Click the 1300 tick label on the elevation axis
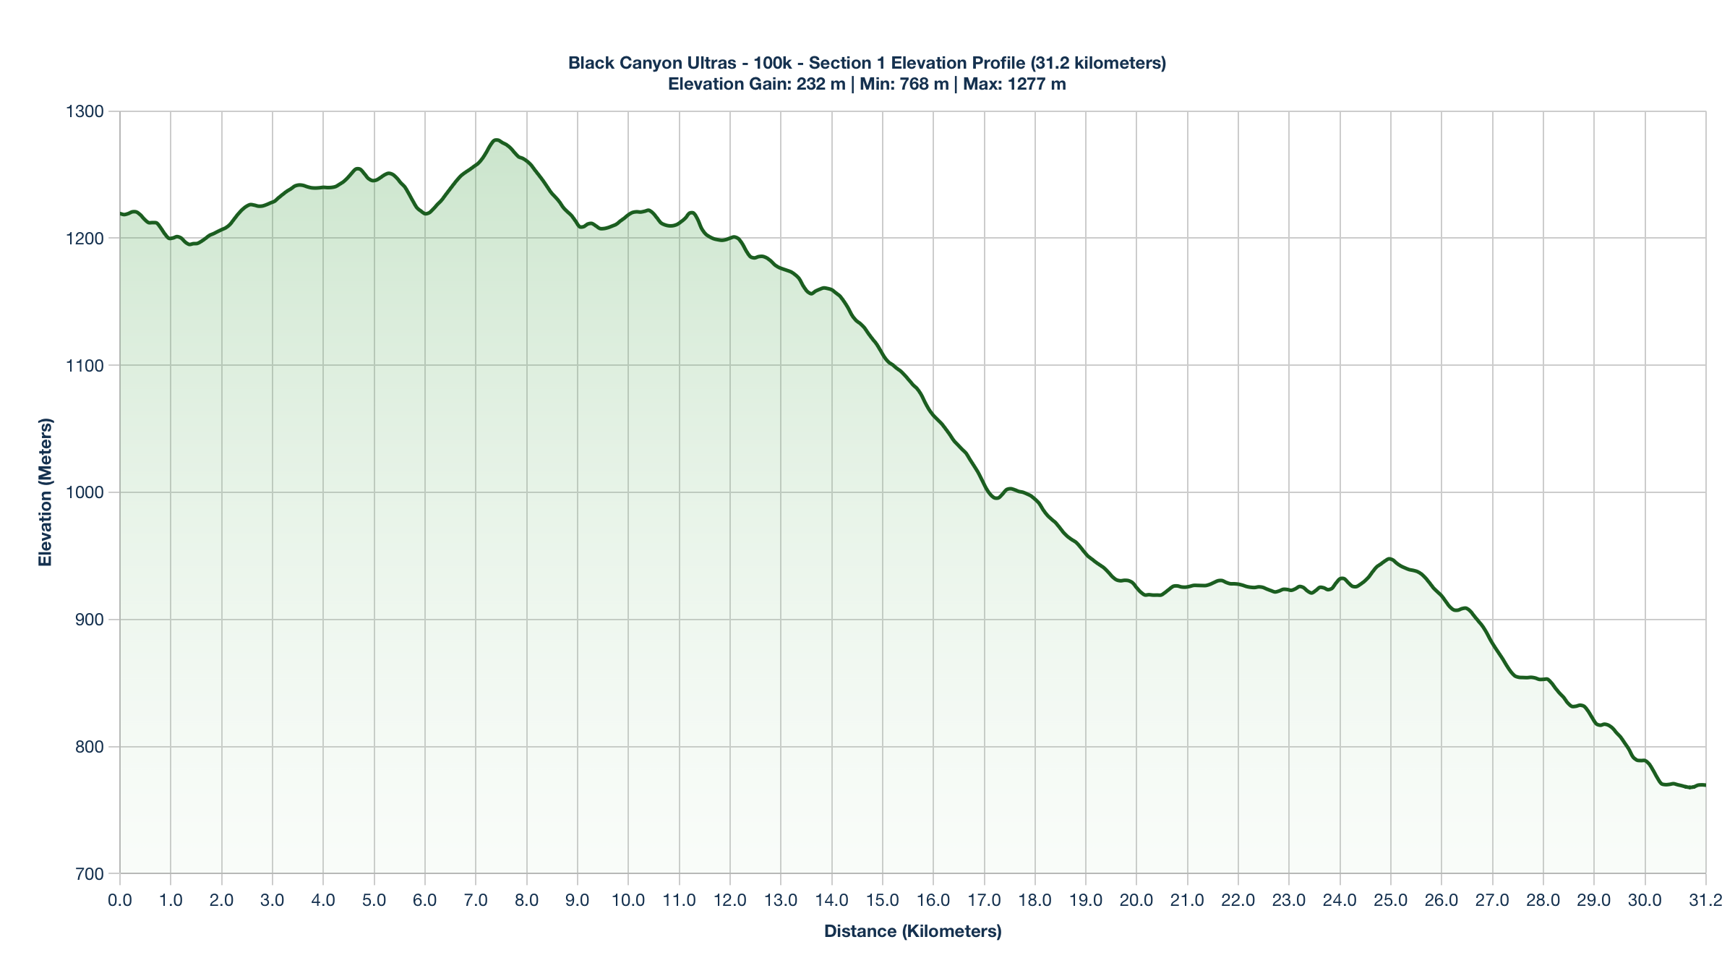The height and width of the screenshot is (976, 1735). tap(85, 111)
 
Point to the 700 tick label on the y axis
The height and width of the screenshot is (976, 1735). tap(90, 874)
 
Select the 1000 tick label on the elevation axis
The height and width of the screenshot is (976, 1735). tap(85, 492)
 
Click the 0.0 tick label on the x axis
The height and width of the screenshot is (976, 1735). tap(119, 901)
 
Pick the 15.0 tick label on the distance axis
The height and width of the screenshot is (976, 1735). tap(883, 901)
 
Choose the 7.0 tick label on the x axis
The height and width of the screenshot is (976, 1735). tap(476, 901)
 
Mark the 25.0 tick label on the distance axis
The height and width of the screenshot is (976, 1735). tap(1391, 901)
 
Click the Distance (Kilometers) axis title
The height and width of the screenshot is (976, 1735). tap(912, 931)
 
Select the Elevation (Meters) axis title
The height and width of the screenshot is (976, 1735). tap(46, 492)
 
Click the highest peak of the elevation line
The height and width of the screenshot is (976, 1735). tap(496, 140)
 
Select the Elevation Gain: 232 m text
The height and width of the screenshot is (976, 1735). tap(756, 84)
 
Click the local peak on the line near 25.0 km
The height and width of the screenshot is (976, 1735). tap(1389, 559)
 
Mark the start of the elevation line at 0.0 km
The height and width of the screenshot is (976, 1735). tap(120, 213)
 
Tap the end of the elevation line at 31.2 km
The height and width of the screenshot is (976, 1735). tap(1705, 785)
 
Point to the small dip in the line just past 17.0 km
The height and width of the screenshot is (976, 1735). tap(996, 498)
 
